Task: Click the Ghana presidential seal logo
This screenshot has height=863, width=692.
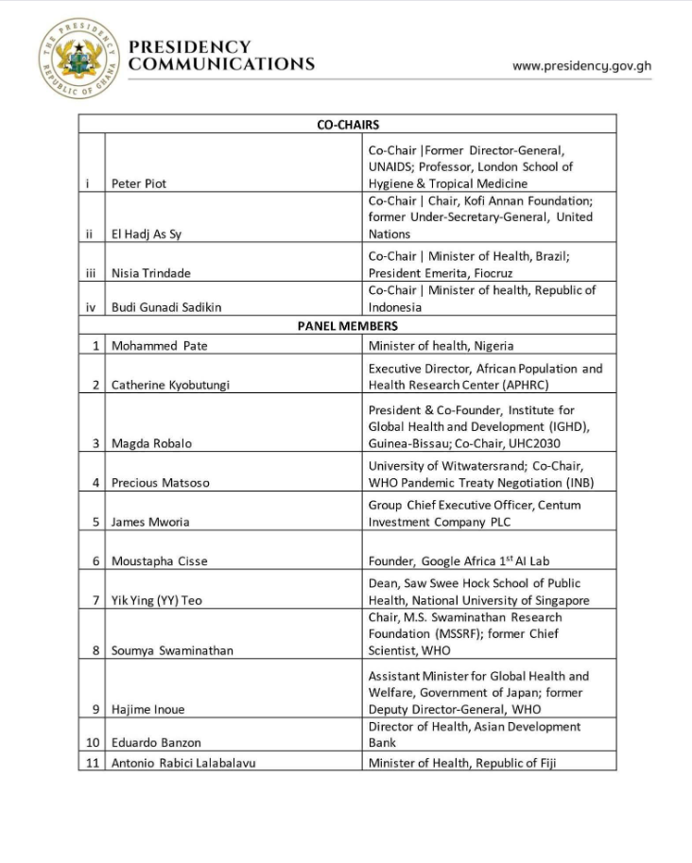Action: click(x=78, y=58)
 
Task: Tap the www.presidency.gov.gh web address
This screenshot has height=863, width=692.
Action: click(x=581, y=66)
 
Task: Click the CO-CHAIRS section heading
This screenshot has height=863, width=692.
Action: click(x=347, y=124)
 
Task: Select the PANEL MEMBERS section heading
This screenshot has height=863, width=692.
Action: click(x=347, y=327)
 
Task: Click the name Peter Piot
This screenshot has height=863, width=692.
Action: click(x=139, y=183)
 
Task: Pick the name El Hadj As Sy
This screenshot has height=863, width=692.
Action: click(x=146, y=234)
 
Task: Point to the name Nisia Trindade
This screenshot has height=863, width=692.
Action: click(x=151, y=273)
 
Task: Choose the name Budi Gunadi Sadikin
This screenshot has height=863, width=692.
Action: click(x=167, y=307)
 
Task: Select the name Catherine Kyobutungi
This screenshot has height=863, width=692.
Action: click(x=170, y=385)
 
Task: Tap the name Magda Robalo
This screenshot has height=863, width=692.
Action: click(x=152, y=443)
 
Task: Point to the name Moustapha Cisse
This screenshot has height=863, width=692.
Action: click(x=159, y=561)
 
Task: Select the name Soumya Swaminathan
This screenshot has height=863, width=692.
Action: click(x=172, y=650)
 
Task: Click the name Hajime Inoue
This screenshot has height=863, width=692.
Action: click(x=148, y=709)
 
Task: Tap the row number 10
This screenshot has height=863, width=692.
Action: click(x=93, y=743)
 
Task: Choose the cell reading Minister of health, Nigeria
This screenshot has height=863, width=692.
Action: click(x=441, y=346)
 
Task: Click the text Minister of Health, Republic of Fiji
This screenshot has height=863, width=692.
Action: click(x=462, y=763)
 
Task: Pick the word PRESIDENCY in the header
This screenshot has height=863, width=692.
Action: click(x=190, y=46)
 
